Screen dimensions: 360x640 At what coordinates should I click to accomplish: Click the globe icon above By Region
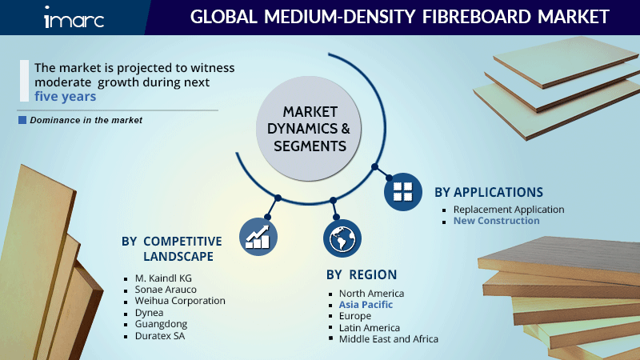point(342,238)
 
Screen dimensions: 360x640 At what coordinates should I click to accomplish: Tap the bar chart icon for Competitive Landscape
point(258,235)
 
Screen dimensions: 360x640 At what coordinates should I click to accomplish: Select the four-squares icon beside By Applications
point(403,191)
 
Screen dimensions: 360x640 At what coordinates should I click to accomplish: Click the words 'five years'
point(66,96)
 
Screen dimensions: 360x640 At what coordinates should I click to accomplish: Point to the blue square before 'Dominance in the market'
point(22,120)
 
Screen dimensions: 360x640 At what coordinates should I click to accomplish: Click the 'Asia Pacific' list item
point(366,305)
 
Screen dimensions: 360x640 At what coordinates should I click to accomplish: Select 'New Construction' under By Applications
point(496,221)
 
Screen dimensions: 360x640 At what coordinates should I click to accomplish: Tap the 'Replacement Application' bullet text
point(509,210)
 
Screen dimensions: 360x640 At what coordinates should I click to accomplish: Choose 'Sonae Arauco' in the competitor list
point(166,289)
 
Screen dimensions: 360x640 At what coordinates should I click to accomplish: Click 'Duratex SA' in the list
point(161,337)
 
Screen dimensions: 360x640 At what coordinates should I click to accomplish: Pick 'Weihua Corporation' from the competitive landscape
point(180,301)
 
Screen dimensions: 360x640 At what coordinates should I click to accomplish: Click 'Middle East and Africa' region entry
point(388,339)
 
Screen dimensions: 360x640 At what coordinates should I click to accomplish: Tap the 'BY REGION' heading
point(362,274)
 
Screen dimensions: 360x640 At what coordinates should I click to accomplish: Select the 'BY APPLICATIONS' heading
point(489,192)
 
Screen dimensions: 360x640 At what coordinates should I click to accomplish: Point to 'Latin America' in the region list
point(370,328)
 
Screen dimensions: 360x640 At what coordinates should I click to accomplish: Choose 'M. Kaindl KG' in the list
point(164,278)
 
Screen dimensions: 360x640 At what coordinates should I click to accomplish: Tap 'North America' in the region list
point(371,294)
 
